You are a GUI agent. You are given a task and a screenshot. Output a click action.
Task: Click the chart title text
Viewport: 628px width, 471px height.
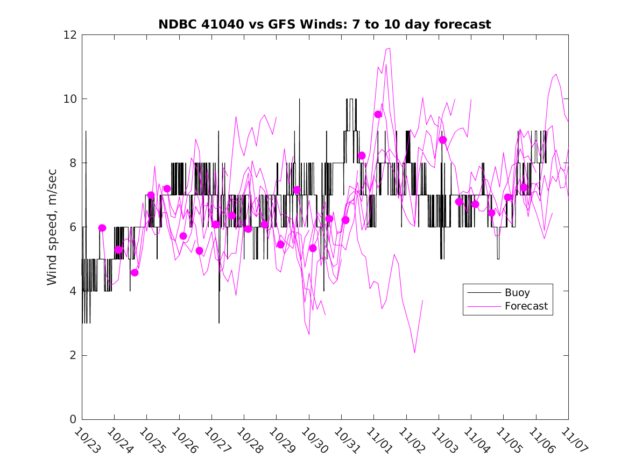pyautogui.click(x=324, y=24)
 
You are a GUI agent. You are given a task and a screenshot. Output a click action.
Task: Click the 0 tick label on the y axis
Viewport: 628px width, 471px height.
pyautogui.click(x=72, y=419)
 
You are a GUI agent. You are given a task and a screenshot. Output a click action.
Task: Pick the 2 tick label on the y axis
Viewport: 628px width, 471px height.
pyautogui.click(x=72, y=355)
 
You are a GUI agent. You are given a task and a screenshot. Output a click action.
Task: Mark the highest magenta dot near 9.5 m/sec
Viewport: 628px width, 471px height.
pyautogui.click(x=378, y=114)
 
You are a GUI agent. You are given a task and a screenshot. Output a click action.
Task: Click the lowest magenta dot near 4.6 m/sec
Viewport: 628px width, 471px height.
pyautogui.click(x=135, y=272)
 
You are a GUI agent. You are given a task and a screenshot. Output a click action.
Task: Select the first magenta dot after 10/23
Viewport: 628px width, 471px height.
pyautogui.click(x=102, y=228)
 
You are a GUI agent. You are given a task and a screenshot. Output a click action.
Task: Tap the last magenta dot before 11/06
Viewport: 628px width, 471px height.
pyautogui.click(x=524, y=187)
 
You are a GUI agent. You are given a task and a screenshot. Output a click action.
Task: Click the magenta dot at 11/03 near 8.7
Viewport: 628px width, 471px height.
pyautogui.click(x=443, y=140)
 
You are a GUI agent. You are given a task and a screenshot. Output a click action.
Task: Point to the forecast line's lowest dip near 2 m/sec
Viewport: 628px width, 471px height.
pyautogui.click(x=415, y=353)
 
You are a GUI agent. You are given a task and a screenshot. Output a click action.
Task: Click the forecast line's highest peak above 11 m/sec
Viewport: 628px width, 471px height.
pyautogui.click(x=389, y=48)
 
